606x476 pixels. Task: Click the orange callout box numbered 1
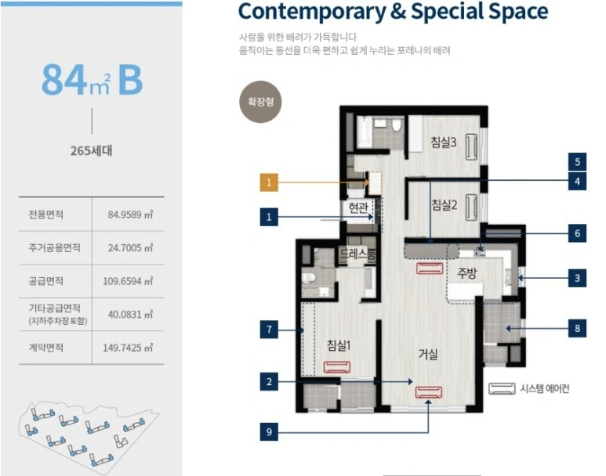pyautogui.click(x=269, y=182)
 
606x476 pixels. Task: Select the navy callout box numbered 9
pyautogui.click(x=269, y=431)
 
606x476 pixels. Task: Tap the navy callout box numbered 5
pyautogui.click(x=577, y=161)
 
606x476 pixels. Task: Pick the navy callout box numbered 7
pyautogui.click(x=269, y=330)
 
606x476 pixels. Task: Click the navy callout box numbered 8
pyautogui.click(x=577, y=328)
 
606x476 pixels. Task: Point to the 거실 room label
pyautogui.click(x=428, y=354)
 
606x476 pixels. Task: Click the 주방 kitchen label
pyautogui.click(x=467, y=273)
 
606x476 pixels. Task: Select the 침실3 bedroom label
pyautogui.click(x=444, y=142)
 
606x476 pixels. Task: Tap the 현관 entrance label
pyautogui.click(x=358, y=207)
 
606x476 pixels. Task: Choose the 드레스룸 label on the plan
pyautogui.click(x=357, y=253)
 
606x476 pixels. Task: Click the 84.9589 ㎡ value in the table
pyautogui.click(x=130, y=215)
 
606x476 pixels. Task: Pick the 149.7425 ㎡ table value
pyautogui.click(x=128, y=348)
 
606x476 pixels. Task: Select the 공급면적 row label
pyautogui.click(x=46, y=281)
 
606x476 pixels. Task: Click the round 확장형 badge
pyautogui.click(x=261, y=102)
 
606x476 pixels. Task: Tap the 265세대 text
pyautogui.click(x=92, y=150)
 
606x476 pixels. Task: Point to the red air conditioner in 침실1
pyautogui.click(x=337, y=367)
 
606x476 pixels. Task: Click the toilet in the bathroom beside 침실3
pyautogui.click(x=396, y=124)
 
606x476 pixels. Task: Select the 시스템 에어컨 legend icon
pyautogui.click(x=502, y=389)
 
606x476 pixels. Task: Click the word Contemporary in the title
pyautogui.click(x=312, y=12)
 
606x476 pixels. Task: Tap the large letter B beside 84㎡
pyautogui.click(x=131, y=80)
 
